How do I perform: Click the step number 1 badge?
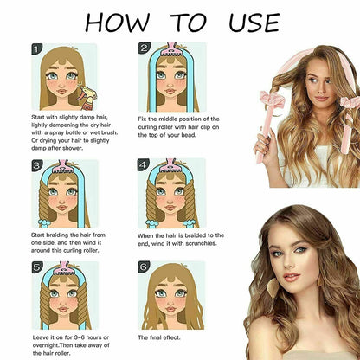[x=36, y=50]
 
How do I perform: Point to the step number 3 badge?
[x=36, y=165]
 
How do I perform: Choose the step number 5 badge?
[x=36, y=268]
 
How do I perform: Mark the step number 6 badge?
[x=144, y=268]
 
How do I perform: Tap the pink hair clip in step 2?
[x=176, y=48]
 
